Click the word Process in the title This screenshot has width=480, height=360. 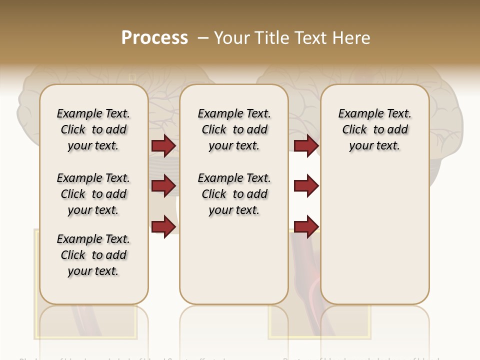coord(154,38)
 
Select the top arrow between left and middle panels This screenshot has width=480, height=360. coord(163,146)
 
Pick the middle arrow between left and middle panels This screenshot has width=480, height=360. coord(163,186)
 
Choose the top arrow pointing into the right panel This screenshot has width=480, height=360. coord(306,146)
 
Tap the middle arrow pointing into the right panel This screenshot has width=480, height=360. coord(306,186)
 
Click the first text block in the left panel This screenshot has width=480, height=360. coord(93,129)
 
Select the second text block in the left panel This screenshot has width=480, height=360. coord(93,194)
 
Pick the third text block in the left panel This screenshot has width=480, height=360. coord(93,255)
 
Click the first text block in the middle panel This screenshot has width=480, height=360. coord(234,129)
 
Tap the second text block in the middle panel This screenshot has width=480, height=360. coord(234,194)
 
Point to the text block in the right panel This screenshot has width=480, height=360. coord(374,129)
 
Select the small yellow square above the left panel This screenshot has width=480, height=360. coord(132,77)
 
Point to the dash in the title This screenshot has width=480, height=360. coord(203,38)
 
